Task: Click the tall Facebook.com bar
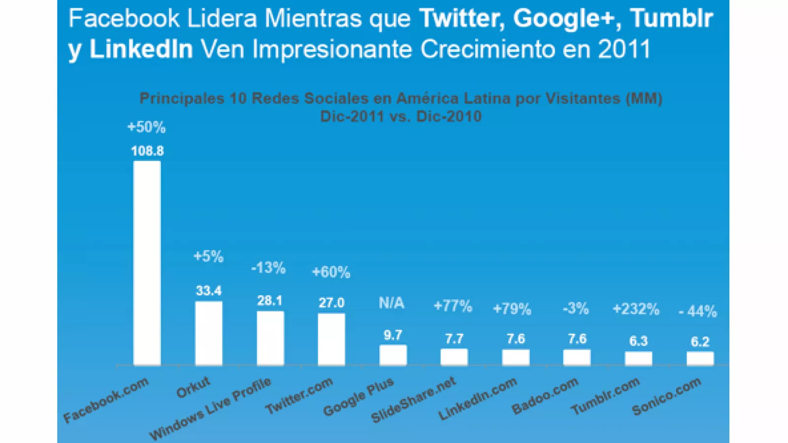[147, 263]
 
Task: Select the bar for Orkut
[208, 333]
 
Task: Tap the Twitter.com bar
[331, 339]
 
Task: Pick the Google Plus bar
[393, 355]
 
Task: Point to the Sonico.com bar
[700, 358]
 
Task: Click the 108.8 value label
[147, 151]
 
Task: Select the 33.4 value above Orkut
[208, 291]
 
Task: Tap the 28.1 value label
[270, 301]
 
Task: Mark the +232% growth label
[636, 309]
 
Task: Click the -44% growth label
[698, 311]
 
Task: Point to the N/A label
[392, 303]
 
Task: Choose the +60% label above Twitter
[331, 272]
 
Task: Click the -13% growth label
[268, 268]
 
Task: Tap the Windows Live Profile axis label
[210, 409]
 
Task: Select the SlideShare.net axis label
[414, 400]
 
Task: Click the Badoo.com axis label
[545, 396]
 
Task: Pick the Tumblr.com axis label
[605, 396]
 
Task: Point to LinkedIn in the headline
[141, 49]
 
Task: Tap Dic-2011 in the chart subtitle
[352, 117]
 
